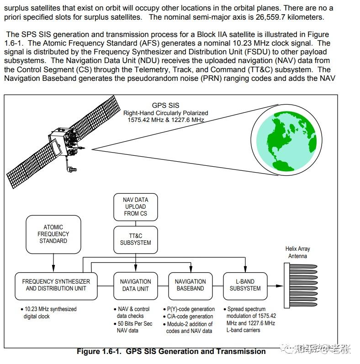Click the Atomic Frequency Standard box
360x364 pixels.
point(53,234)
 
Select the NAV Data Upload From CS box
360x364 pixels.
point(135,206)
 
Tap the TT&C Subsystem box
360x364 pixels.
point(135,239)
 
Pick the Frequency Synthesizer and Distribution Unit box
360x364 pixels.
point(56,285)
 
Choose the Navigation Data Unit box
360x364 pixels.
point(135,285)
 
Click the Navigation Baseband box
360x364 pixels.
point(190,285)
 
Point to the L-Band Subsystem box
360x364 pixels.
point(245,285)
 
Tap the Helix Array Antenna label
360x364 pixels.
point(297,253)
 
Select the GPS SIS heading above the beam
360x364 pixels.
point(165,106)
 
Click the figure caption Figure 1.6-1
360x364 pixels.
point(171,351)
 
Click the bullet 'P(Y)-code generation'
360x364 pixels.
point(190,309)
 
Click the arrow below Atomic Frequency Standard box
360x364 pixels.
point(53,263)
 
